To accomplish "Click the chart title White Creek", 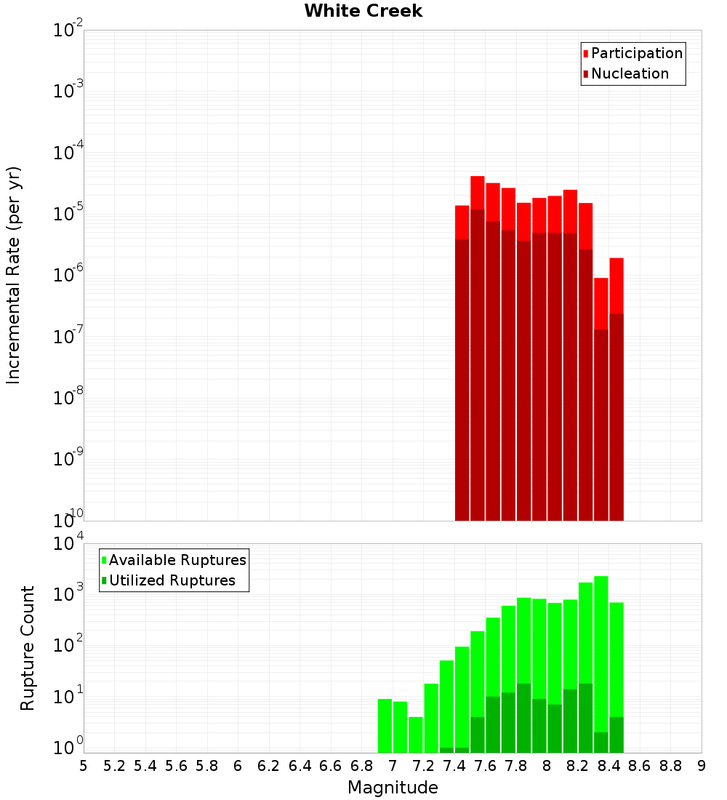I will click(x=363, y=11).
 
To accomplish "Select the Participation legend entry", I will click(x=636, y=53).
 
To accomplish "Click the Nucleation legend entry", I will click(x=629, y=73).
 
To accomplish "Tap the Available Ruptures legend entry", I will click(x=177, y=560).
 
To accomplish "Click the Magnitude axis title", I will click(x=393, y=788).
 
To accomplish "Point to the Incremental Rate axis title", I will click(x=14, y=276).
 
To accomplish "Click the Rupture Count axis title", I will click(x=28, y=648).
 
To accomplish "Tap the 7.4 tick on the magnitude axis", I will click(x=454, y=765).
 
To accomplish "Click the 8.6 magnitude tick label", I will click(x=640, y=765).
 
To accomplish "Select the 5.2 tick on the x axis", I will click(x=114, y=765).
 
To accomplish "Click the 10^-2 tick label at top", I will click(x=68, y=31).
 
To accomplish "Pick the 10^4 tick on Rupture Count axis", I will click(x=68, y=544).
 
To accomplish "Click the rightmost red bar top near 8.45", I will click(x=616, y=260).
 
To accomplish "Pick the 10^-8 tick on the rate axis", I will click(x=68, y=398).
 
